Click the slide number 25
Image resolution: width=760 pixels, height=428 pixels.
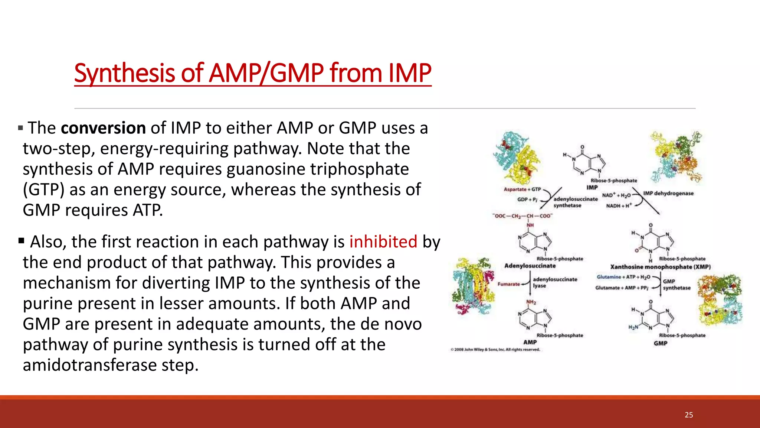coord(689,415)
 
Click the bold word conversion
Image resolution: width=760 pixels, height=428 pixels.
coord(103,128)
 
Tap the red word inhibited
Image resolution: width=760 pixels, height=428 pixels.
coord(383,242)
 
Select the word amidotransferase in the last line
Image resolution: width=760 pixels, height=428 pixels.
coord(89,365)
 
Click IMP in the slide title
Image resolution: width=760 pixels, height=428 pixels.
coord(410,73)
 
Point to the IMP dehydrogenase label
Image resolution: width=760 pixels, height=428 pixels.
coord(668,193)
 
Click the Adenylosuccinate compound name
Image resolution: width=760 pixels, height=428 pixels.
coord(530,266)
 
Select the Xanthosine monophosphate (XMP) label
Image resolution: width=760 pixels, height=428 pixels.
coord(660,267)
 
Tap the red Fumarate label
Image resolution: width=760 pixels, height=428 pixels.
coord(509,284)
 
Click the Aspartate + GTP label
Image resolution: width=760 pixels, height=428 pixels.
coord(522,189)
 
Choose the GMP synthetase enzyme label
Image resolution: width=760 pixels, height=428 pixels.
coord(677,285)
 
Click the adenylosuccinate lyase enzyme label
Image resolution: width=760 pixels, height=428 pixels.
coord(555,282)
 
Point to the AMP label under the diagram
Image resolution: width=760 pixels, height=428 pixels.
coord(530,342)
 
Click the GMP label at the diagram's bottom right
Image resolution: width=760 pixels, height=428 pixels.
coord(661,343)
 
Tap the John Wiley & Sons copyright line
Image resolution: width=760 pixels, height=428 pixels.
coord(495,350)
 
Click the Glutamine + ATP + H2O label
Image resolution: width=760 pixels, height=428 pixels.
coord(623,277)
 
